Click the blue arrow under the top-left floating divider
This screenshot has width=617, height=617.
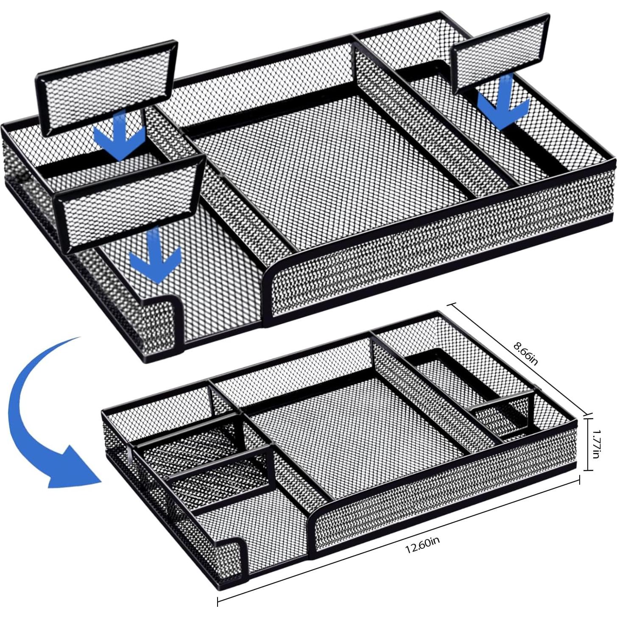point(120,135)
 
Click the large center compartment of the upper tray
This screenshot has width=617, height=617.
point(331,170)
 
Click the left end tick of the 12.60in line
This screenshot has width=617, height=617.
point(218,601)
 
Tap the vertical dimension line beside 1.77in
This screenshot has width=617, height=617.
point(588,444)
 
